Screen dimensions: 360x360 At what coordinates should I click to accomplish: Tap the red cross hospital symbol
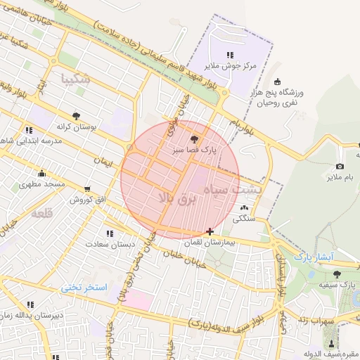pyautogui.click(x=210, y=231)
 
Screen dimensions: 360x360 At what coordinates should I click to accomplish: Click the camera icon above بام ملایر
pyautogui.click(x=340, y=167)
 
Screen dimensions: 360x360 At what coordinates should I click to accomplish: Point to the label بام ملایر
pyautogui.click(x=339, y=177)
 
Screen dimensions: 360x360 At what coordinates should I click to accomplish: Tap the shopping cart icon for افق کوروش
pyautogui.click(x=87, y=188)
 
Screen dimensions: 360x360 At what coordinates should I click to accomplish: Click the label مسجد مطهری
pyautogui.click(x=41, y=184)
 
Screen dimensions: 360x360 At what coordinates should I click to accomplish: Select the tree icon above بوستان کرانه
pyautogui.click(x=76, y=115)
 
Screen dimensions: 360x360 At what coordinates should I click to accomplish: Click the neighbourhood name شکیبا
pyautogui.click(x=76, y=78)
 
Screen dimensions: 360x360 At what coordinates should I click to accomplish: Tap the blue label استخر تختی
pyautogui.click(x=83, y=288)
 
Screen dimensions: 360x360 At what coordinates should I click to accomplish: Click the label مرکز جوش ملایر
pyautogui.click(x=228, y=65)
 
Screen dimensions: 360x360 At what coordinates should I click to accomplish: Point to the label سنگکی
pyautogui.click(x=244, y=218)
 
